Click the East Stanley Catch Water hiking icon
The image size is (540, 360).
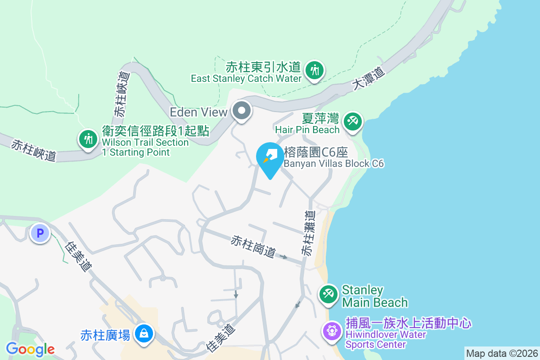pos(314,71)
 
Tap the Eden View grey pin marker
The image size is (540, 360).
pos(242,110)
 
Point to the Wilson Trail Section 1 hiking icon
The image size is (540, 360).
pos(88,139)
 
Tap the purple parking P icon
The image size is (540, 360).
pos(40,234)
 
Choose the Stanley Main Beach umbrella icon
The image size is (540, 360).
pos(328,294)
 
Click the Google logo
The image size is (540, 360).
pos(30,349)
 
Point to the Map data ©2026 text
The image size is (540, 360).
pos(501,353)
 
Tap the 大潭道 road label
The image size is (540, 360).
pos(370,77)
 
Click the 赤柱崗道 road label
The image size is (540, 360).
pos(253,247)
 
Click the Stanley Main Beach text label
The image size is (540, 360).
pos(374,296)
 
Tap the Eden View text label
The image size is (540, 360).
pos(198,111)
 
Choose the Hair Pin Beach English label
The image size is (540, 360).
pos(307,130)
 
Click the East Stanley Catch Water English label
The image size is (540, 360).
pos(246,78)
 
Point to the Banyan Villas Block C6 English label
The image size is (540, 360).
pos(333,163)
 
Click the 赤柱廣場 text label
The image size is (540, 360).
pos(105,335)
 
